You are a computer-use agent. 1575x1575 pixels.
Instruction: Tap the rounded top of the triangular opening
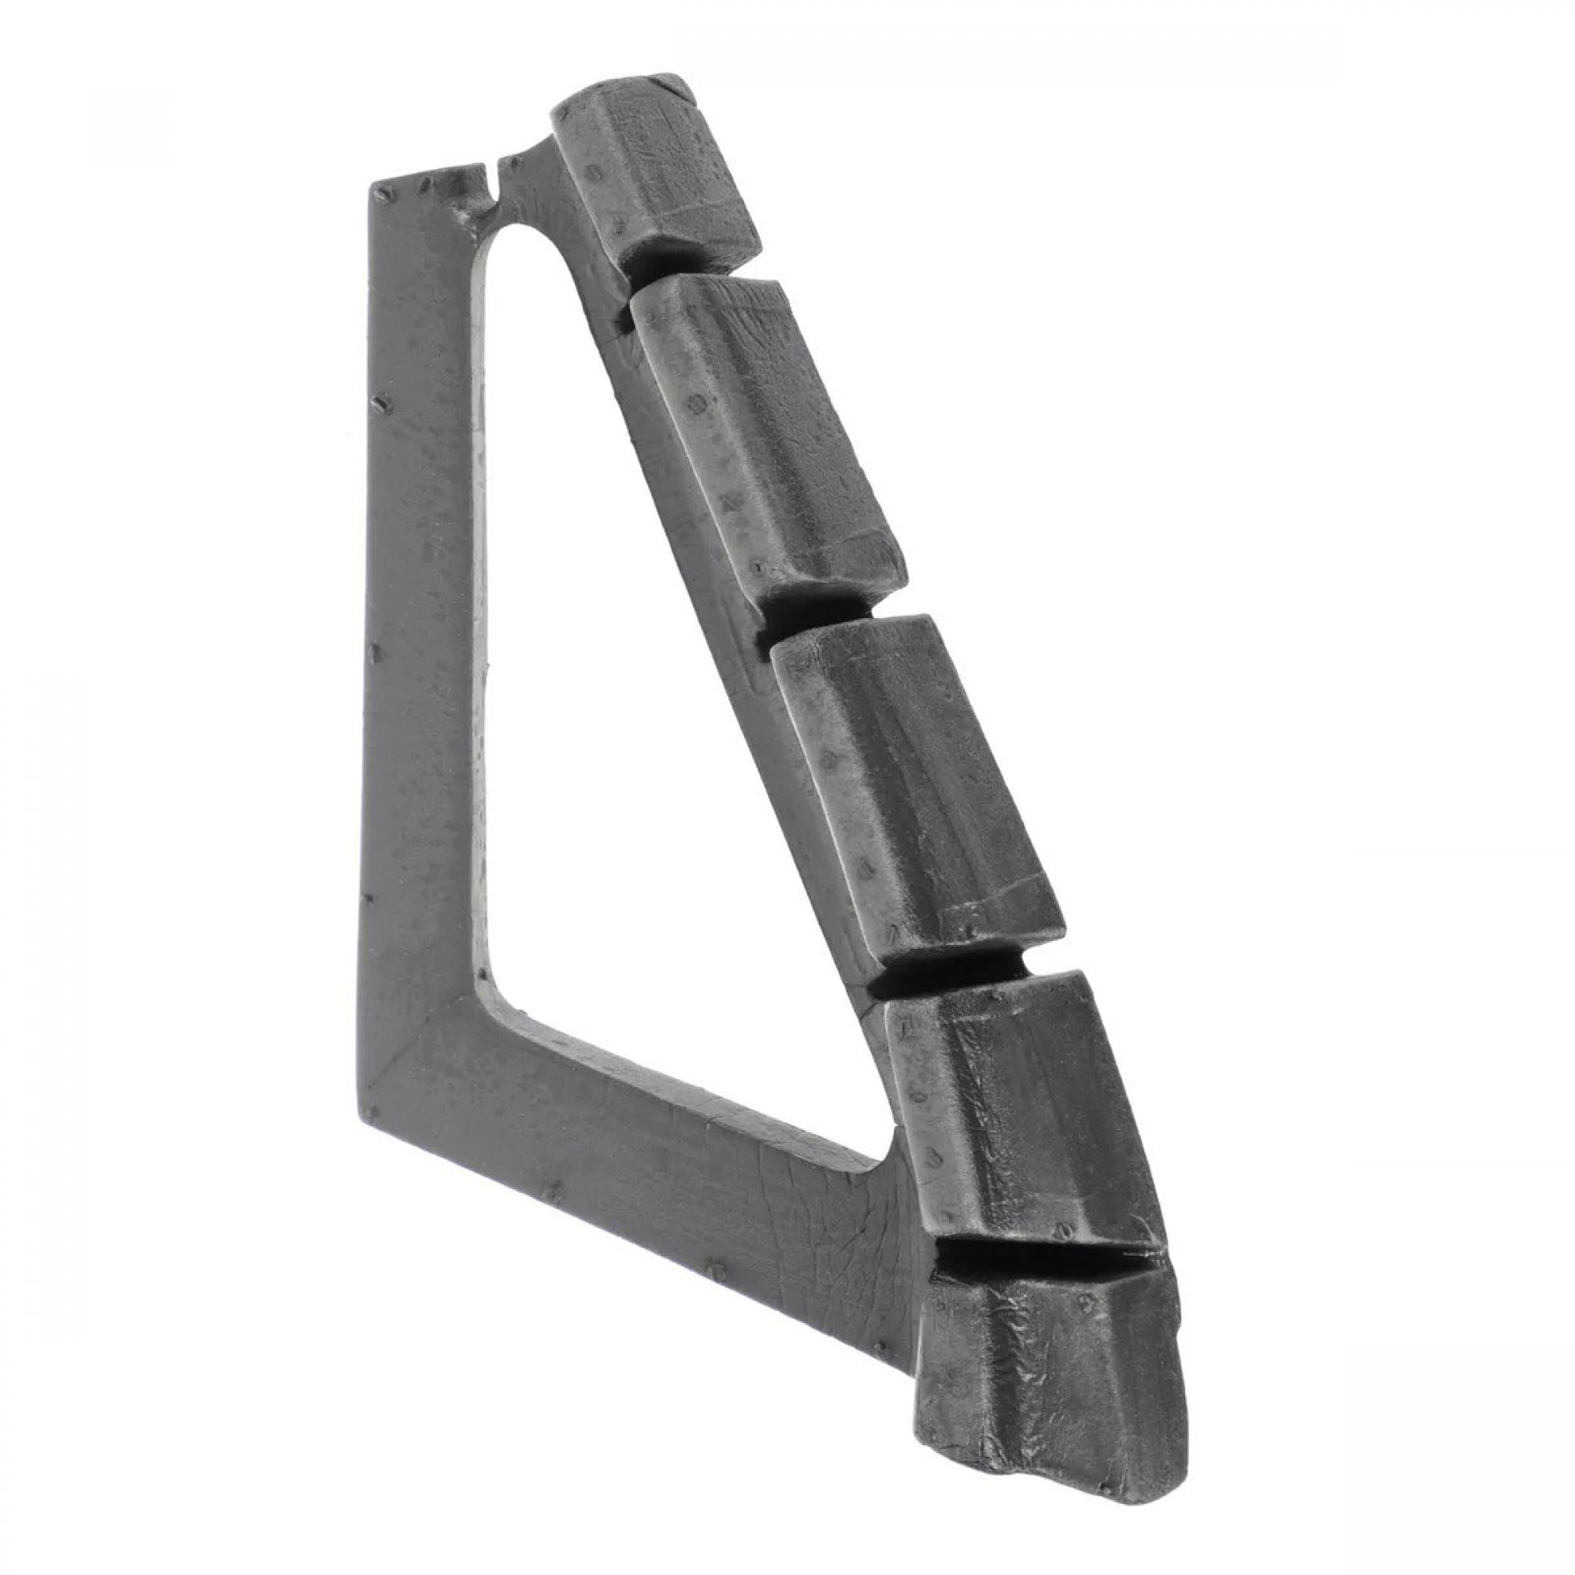(x=522, y=232)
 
